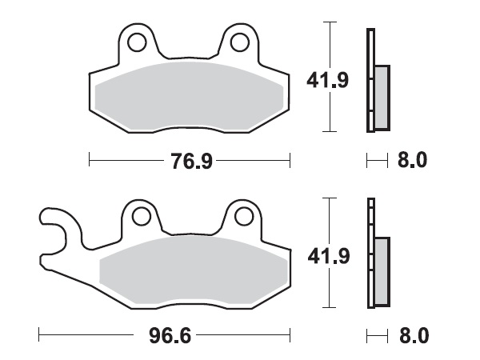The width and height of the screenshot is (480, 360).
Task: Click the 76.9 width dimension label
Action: pyautogui.click(x=190, y=162)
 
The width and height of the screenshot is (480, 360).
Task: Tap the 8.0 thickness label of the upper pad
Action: pyautogui.click(x=413, y=161)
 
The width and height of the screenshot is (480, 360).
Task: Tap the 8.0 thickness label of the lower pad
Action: pyautogui.click(x=413, y=334)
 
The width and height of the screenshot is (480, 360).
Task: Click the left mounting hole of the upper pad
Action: pyautogui.click(x=135, y=41)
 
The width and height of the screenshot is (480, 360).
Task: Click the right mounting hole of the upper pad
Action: pyautogui.click(x=240, y=41)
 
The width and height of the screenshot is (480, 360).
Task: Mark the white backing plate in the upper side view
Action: pyautogui.click(x=370, y=80)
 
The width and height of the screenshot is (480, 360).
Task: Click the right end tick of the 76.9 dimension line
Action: pyautogui.click(x=290, y=161)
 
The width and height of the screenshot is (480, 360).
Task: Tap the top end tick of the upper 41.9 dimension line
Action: pyautogui.click(x=328, y=22)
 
